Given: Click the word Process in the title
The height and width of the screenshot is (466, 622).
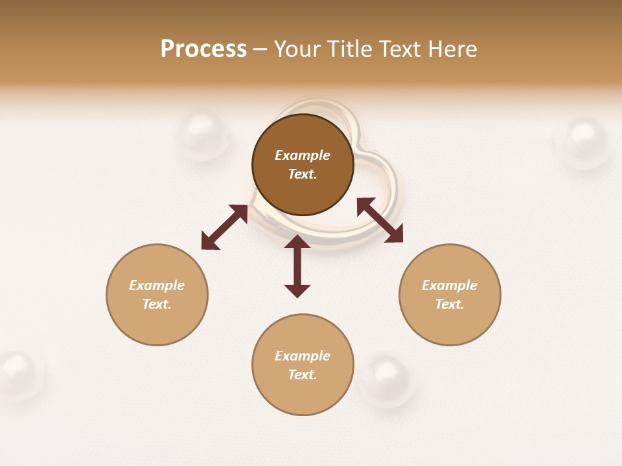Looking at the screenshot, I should [203, 49].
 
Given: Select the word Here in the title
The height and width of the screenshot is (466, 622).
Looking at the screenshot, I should [452, 49].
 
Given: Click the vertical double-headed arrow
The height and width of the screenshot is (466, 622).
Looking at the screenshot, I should [297, 266].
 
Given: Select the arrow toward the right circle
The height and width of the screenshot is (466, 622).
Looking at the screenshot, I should [380, 220].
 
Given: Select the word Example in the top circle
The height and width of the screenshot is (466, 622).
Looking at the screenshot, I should [303, 155].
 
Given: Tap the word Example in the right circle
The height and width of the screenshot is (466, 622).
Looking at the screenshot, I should [450, 285].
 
